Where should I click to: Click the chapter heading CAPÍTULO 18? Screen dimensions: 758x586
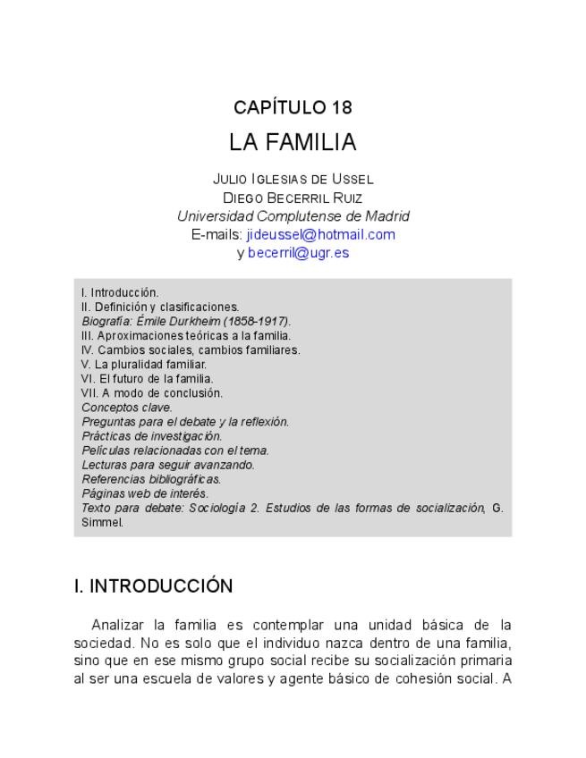point(293,107)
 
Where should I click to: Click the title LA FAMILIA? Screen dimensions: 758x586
point(293,142)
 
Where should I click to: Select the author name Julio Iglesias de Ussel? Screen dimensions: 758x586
point(293,179)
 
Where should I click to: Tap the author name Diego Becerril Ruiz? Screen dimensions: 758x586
point(293,198)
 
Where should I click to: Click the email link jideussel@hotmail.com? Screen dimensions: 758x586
point(320,234)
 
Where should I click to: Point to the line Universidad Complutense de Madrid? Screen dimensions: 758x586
point(293,216)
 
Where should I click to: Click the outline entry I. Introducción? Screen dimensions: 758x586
point(120,292)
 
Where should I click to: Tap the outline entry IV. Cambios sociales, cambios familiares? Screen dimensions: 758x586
point(191,350)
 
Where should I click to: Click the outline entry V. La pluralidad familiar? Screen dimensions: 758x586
point(144,364)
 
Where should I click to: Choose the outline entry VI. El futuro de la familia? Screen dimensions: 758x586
point(147,378)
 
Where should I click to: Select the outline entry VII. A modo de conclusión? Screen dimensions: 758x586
point(152,392)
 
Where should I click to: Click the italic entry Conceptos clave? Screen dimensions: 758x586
point(126,407)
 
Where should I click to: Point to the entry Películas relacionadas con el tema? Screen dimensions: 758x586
point(175,451)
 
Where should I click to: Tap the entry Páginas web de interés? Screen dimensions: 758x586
point(145,493)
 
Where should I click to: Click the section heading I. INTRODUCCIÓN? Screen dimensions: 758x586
point(153,586)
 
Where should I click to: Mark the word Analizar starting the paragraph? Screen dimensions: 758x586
point(117,624)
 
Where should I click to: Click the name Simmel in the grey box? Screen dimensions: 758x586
point(102,522)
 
